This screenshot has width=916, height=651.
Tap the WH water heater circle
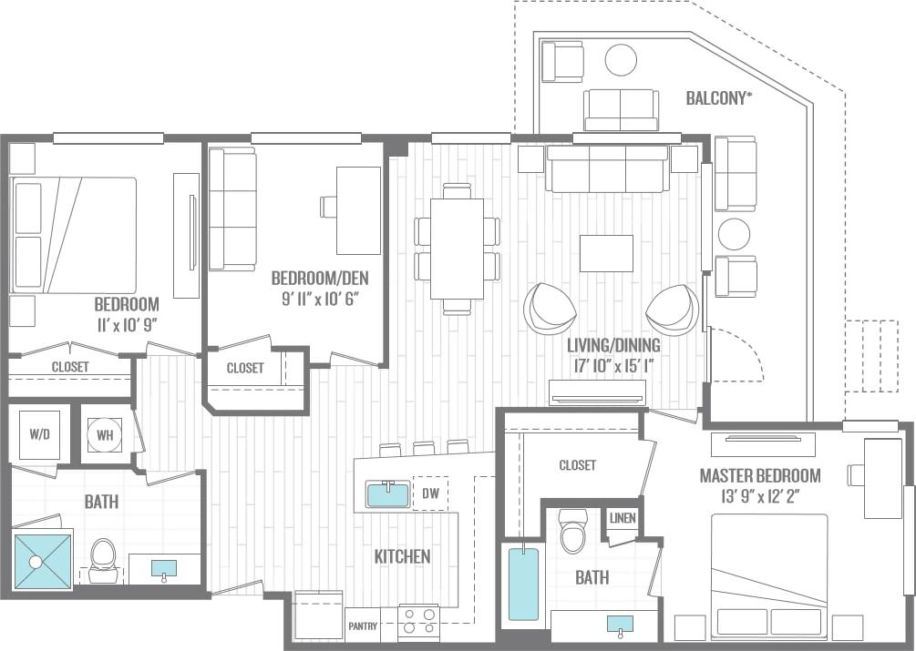pos(105,435)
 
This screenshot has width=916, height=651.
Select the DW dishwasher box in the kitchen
pos(431,494)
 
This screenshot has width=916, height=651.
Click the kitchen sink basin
pos(388,494)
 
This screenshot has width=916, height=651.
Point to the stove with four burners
pos(418,623)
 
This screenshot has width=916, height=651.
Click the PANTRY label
pos(363,626)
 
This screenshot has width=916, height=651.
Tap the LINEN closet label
pos(623,518)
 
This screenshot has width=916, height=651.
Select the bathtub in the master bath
pos(523,583)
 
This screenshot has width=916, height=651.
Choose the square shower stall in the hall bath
pos(42,561)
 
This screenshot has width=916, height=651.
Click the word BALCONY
pos(719,97)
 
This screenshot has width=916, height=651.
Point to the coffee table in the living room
pos(606,253)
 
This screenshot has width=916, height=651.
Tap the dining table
pos(457,249)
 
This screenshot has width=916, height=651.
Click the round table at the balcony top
pos(622,60)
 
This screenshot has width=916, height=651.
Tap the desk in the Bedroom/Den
pos(358,209)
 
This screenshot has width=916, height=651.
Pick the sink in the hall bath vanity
pos(165,568)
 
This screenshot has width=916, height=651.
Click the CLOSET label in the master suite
pos(577,465)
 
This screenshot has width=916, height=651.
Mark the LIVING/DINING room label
pos(612,346)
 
